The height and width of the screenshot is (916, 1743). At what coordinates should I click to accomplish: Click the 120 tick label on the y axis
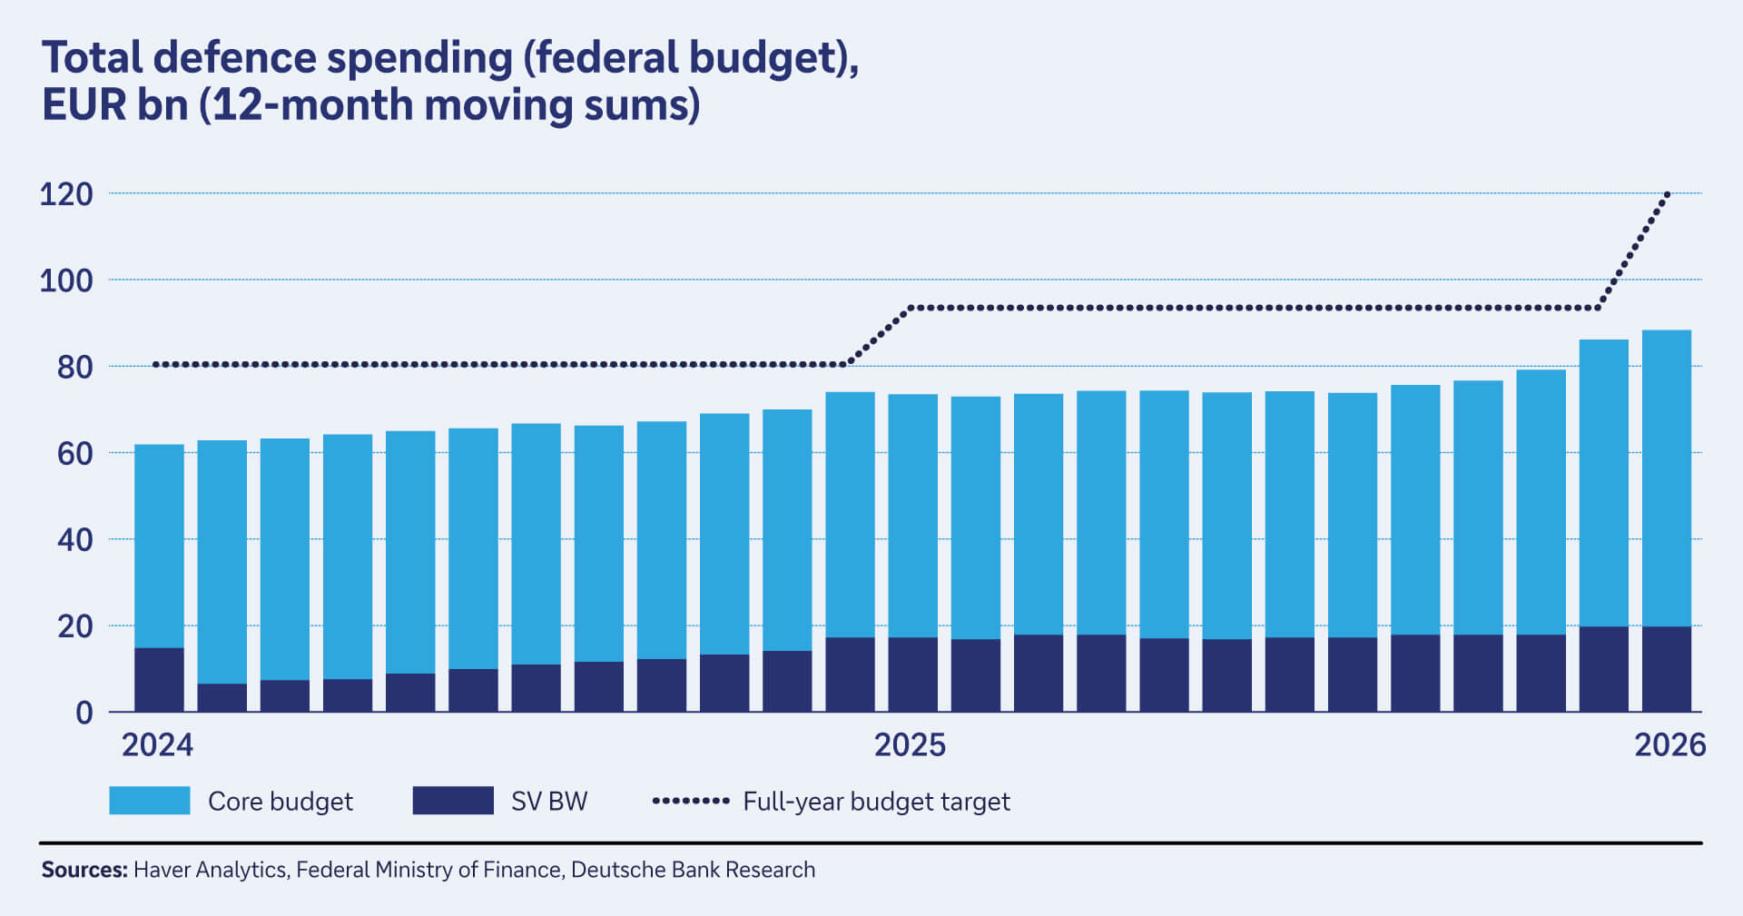66,194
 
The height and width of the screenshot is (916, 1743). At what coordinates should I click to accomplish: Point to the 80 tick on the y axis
74,367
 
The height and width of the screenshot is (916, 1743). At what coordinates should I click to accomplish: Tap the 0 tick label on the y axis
84,713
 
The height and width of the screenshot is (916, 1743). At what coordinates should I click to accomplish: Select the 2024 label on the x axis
157,745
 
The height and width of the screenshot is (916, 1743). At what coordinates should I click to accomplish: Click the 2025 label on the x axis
910,745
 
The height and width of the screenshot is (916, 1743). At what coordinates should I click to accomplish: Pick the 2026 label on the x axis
1669,745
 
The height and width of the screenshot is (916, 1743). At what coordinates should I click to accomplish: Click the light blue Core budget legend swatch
150,801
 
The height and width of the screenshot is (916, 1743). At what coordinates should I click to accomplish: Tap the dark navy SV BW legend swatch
453,801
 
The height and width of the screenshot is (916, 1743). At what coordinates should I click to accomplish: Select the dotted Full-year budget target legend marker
691,801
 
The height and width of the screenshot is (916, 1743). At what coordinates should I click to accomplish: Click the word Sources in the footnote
84,870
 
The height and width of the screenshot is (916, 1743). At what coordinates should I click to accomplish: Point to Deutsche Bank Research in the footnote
693,870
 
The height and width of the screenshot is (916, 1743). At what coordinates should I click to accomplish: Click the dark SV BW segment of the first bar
159,679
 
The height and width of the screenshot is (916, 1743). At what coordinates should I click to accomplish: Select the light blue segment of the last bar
1666,478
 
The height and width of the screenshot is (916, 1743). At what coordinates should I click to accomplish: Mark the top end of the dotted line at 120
1667,194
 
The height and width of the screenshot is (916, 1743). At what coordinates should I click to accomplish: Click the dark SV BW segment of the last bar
1666,669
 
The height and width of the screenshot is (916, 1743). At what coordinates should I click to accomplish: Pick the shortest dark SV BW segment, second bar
222,697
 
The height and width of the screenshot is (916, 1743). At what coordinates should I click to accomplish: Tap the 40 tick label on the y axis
74,540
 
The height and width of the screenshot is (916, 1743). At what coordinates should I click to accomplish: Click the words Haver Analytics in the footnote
210,870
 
